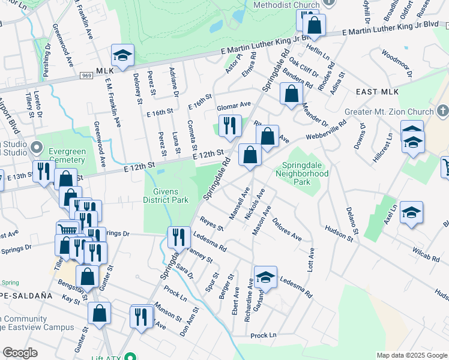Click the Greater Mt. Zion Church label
coord(388,112)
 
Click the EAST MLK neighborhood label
coord(377,91)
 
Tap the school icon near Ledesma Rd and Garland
coord(265,277)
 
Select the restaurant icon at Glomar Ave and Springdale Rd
coord(229,125)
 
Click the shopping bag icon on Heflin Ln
coord(314,26)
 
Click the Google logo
coord(20,353)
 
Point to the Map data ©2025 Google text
coord(412,355)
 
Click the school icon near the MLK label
coord(122,56)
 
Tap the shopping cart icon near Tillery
coord(67,230)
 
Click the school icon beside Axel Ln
coord(411,212)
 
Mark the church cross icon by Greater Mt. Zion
coord(443,111)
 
